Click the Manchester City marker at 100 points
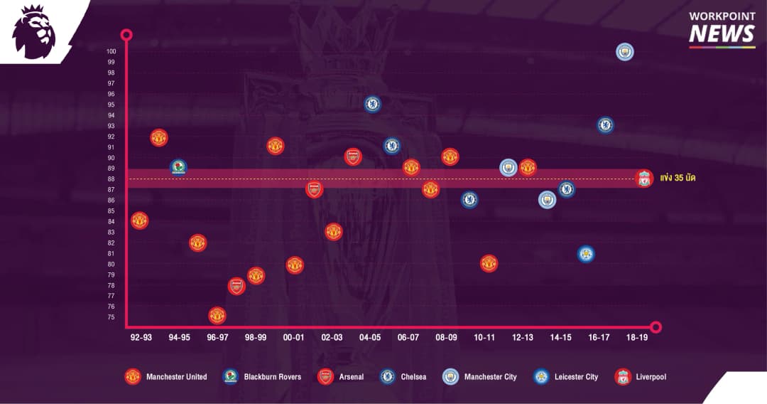pos(624,51)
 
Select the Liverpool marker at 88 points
pos(643,179)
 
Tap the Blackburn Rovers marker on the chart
pos(178,168)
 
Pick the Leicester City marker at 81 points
pos(586,254)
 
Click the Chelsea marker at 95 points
pos(372,104)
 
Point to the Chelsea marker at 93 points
pos(605,125)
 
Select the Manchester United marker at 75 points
pos(217,315)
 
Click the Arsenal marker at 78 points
pos(236,286)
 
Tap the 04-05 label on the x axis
pos(370,337)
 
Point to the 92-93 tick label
pos(141,337)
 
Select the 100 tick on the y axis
pos(111,51)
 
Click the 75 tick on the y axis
pos(111,317)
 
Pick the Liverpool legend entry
pos(641,376)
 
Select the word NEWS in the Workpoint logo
pos(722,34)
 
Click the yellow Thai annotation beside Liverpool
pos(678,178)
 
